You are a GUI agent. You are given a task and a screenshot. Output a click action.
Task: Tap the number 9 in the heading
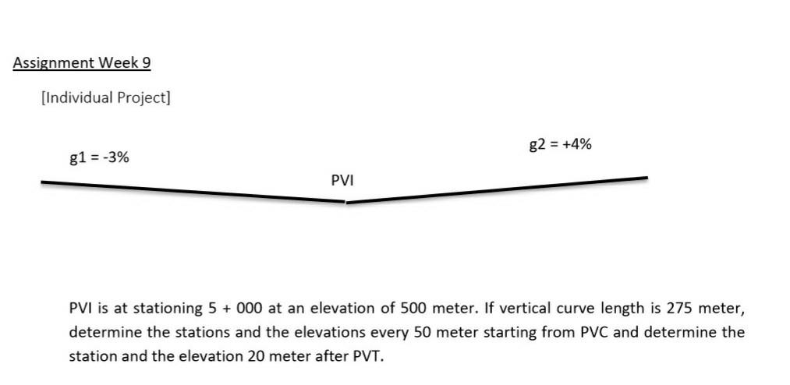coord(146,63)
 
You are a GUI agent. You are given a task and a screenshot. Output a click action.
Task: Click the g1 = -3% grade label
coord(99,157)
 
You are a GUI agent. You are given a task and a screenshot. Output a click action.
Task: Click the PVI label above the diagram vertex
coord(342,180)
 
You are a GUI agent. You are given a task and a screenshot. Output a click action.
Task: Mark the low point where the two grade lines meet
coord(345,202)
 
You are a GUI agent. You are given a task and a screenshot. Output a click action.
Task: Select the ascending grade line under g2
coord(499,189)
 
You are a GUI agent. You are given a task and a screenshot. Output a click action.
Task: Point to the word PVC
coord(597,332)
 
